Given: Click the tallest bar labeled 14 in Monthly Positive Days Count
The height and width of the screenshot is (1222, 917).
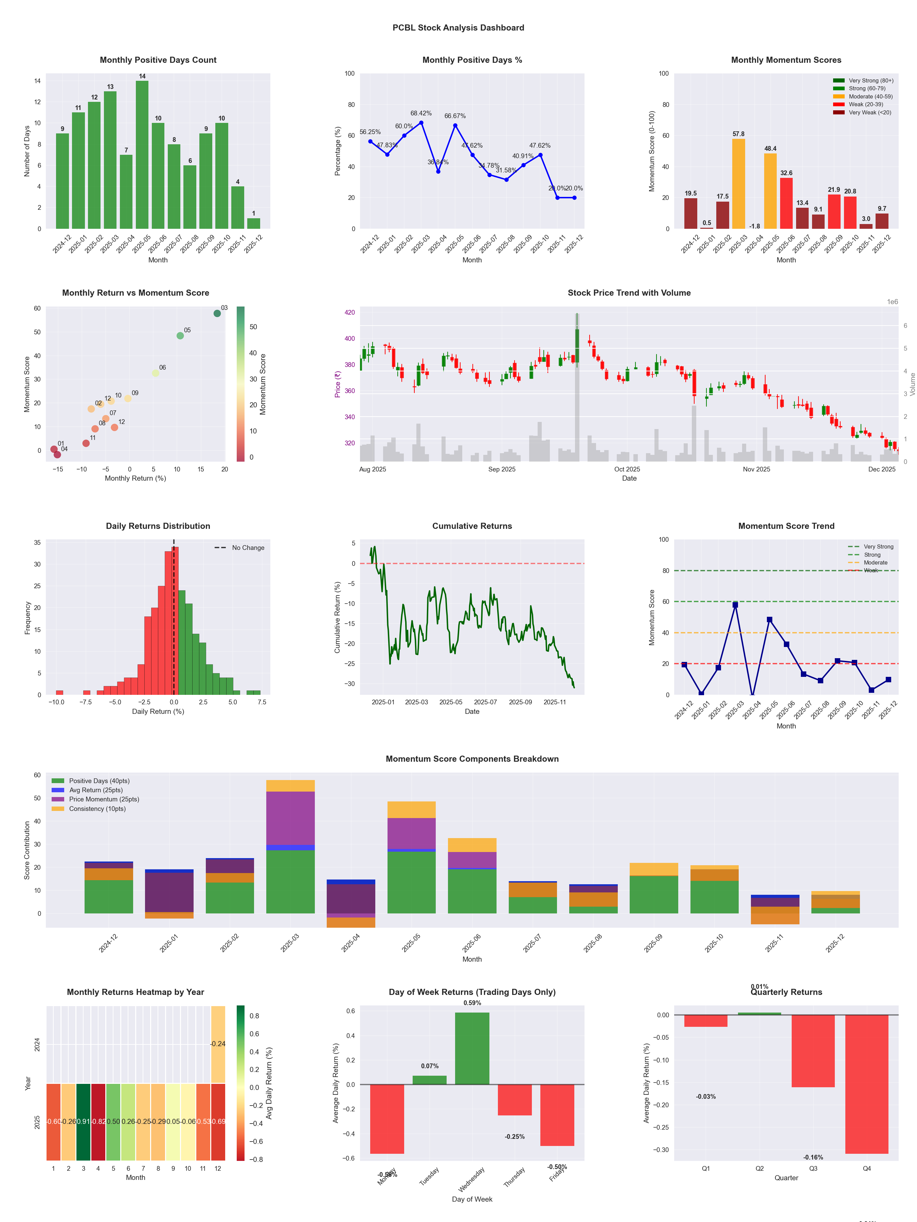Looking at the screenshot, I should tap(142, 155).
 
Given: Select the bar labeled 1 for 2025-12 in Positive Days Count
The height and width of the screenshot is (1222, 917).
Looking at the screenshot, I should tap(254, 223).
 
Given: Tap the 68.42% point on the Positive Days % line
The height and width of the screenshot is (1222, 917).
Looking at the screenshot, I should tap(421, 123).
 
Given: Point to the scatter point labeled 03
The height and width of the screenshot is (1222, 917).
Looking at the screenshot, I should tap(217, 313).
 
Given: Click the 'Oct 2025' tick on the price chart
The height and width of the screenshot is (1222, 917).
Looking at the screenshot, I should tap(627, 469).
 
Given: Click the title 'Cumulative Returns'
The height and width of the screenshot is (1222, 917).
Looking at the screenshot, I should tap(472, 526).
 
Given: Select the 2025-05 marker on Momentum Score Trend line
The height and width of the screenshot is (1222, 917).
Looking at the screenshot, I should tap(769, 620).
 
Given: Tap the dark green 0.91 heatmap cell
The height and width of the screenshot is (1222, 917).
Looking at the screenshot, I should tap(84, 1122).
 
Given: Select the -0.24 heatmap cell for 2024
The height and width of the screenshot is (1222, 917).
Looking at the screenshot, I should tap(218, 1044).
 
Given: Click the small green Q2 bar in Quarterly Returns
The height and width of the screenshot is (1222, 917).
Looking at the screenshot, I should tap(759, 1014).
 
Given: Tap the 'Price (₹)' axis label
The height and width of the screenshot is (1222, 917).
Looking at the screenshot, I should tap(338, 384).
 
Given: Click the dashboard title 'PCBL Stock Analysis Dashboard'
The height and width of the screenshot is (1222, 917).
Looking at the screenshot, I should tap(458, 27).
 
